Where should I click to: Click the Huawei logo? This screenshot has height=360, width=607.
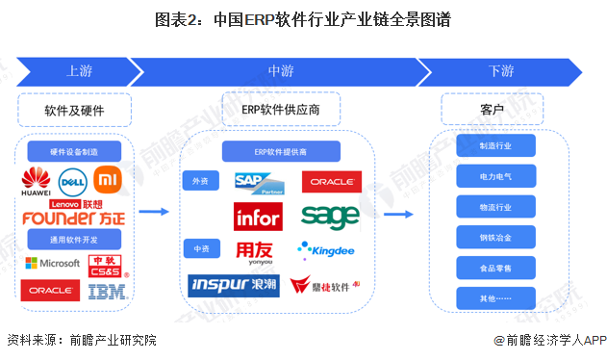[37, 181]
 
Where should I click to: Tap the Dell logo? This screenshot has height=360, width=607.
[73, 179]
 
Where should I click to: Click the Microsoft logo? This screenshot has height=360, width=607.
[52, 263]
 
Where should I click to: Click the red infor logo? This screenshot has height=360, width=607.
[258, 217]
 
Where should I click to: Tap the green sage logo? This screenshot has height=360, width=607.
[329, 215]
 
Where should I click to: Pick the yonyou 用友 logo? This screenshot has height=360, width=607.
[256, 251]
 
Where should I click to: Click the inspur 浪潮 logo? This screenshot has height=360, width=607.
[233, 286]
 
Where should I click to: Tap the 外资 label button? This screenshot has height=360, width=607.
[200, 181]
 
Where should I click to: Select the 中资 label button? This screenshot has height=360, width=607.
[200, 249]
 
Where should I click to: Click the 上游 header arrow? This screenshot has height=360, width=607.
[79, 71]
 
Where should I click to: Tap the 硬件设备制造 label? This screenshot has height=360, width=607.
[73, 150]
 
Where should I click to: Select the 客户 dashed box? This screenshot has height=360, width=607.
[492, 110]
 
